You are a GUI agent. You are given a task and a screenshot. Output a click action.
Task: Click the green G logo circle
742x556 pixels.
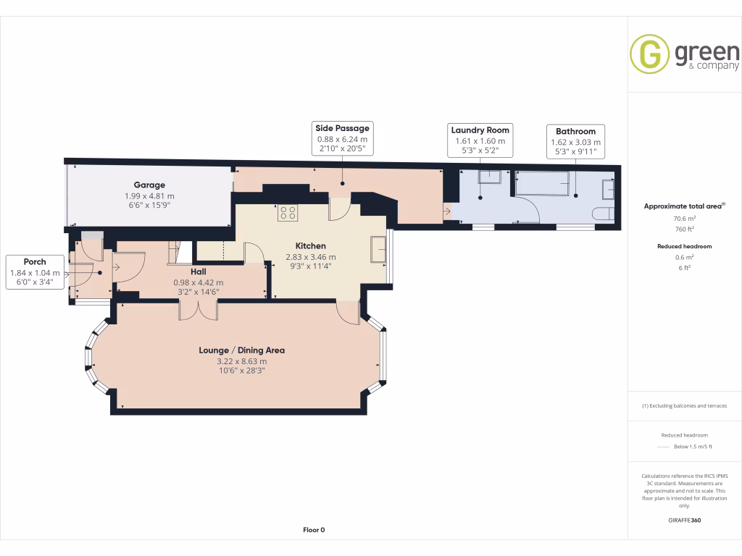[x=649, y=54]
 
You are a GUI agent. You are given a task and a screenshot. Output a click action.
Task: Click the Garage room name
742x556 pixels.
[x=149, y=185]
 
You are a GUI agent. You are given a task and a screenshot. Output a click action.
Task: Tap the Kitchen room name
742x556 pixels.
[x=310, y=246]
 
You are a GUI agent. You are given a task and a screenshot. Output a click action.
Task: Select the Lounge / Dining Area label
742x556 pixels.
[x=242, y=350]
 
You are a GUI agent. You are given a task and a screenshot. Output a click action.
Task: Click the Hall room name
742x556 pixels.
[x=199, y=272]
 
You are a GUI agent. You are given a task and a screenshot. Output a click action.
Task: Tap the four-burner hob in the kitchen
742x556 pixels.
[x=287, y=213]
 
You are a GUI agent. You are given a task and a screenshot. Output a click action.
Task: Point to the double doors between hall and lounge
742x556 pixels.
[x=199, y=309]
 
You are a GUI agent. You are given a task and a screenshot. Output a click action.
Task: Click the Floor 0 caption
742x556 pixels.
[x=314, y=530]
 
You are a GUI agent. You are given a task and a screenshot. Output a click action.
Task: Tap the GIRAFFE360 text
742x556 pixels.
[x=685, y=520]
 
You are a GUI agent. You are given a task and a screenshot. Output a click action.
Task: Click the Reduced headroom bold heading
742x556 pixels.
[x=685, y=246]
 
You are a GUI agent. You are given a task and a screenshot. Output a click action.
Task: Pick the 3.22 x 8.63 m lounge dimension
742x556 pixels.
[x=242, y=361]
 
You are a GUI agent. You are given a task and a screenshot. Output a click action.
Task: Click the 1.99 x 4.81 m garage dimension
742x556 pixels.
[x=149, y=195]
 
